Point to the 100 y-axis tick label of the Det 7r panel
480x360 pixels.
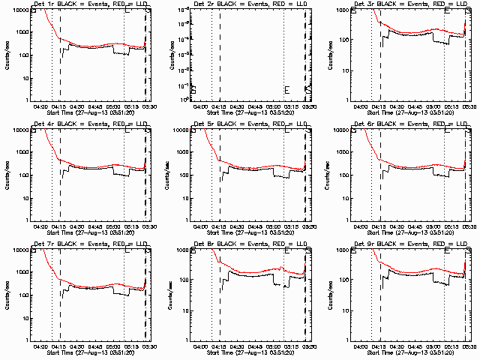tap(23, 295)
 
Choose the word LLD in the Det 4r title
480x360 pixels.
tap(142, 125)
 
